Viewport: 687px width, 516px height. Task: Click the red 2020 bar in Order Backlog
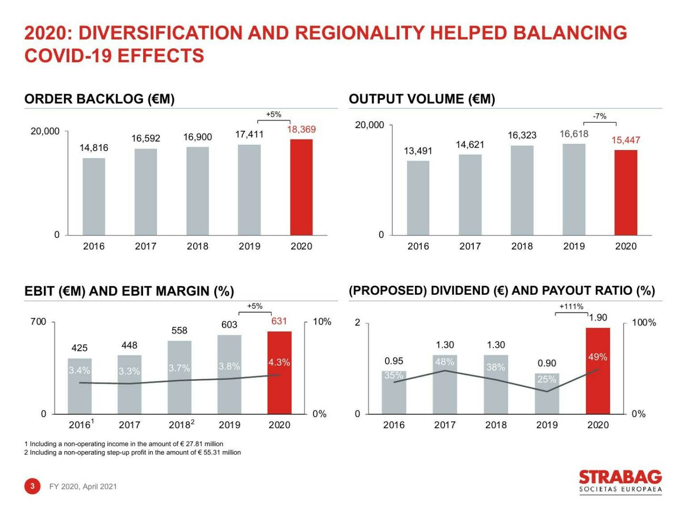coord(301,187)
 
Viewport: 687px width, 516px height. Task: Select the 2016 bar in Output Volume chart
coord(418,198)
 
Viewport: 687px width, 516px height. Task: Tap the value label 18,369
coord(301,129)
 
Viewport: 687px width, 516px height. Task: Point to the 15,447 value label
coord(625,140)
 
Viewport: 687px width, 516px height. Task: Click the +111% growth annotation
coord(571,307)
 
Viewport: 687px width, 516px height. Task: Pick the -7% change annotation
coord(599,116)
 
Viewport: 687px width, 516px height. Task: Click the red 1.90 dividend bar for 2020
coord(598,371)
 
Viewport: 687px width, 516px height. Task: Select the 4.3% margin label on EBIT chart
coord(279,362)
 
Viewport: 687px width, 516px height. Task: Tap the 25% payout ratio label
coord(547,379)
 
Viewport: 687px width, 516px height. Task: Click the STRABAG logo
coord(620,481)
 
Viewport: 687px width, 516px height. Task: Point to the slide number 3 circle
coord(32,486)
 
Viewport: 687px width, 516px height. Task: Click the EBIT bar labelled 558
coord(179,377)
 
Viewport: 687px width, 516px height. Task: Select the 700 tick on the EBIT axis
coord(39,322)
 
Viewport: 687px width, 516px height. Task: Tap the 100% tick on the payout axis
coord(644,322)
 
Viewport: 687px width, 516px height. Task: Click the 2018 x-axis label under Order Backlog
coord(198,246)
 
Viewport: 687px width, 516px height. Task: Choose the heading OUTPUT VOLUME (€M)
coord(422,99)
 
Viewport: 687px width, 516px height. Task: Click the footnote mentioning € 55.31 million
coord(133,452)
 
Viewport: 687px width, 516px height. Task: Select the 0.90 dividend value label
coord(547,363)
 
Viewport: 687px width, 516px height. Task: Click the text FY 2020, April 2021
coord(83,486)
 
